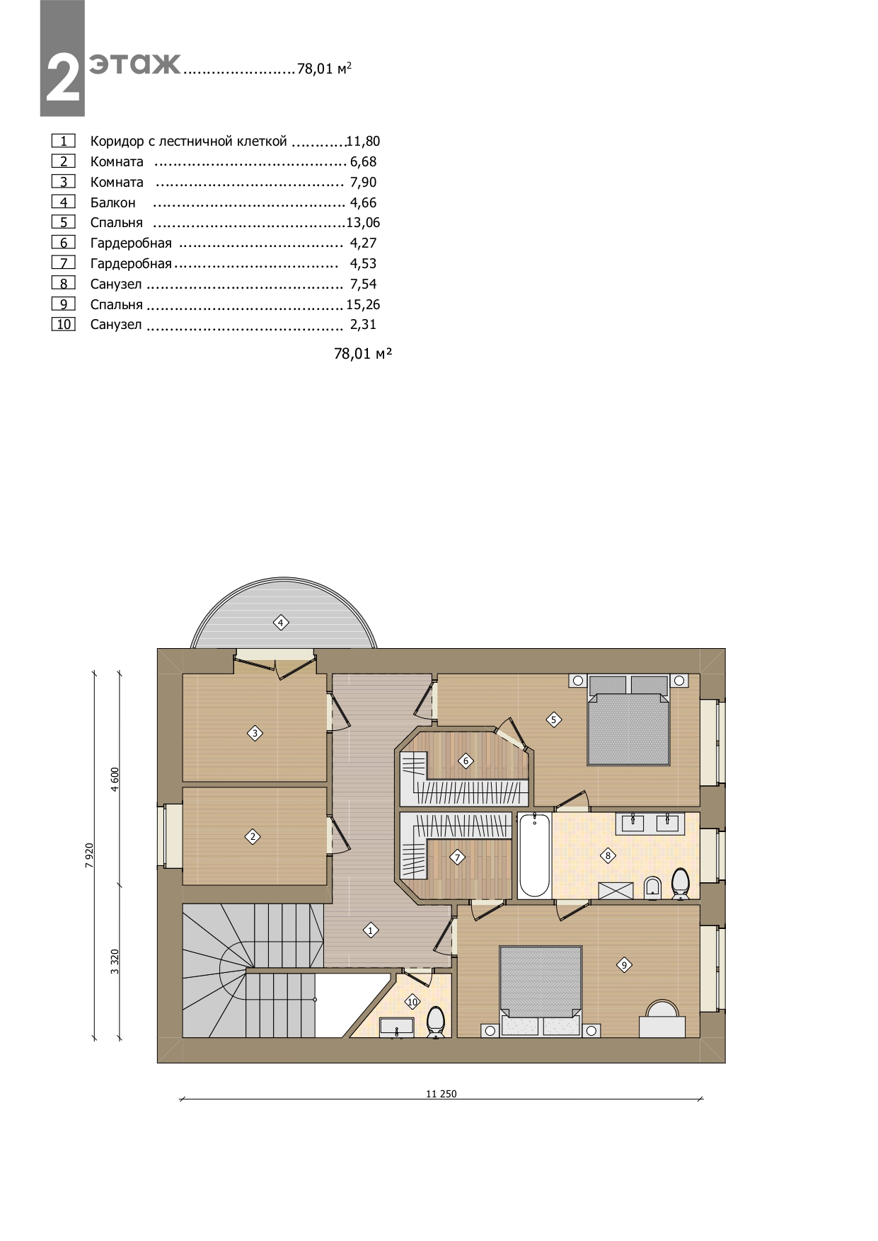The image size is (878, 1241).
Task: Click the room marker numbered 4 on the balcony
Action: tap(281, 623)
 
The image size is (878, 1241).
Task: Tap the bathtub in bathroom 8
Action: tap(535, 855)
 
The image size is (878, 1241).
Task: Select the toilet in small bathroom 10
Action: tap(435, 1021)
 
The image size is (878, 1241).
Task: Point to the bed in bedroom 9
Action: tap(541, 991)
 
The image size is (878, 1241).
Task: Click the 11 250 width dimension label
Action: tap(441, 1093)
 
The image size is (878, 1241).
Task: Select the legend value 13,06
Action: tap(363, 223)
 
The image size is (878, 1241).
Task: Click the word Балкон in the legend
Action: tap(112, 202)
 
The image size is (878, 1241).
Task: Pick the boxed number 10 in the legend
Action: tap(64, 325)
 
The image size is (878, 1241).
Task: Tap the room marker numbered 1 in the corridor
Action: tap(370, 930)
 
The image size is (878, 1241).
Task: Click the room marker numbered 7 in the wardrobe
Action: tap(457, 858)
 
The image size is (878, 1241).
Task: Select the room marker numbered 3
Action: tap(255, 733)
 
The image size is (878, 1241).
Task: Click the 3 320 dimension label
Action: tap(115, 961)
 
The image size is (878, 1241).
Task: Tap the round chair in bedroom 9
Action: tap(663, 1008)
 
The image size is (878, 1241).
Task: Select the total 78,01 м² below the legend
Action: tap(363, 354)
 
